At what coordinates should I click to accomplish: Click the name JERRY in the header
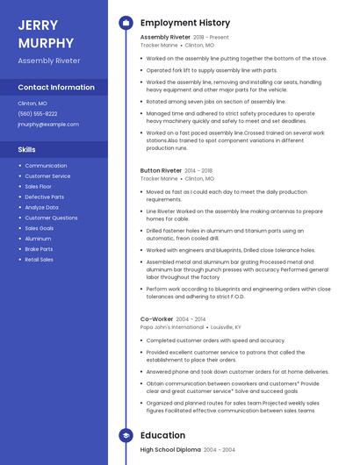37,25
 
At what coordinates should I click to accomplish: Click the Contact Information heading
56,88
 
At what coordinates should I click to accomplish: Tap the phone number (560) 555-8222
38,113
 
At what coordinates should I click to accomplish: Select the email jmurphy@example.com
47,124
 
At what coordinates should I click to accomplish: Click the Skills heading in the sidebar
26,149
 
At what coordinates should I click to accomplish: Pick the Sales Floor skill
38,187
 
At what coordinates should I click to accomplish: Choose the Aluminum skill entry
38,239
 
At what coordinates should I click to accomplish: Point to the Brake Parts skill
39,249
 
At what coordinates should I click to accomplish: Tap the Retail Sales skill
39,260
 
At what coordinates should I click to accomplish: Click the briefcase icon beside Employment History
126,23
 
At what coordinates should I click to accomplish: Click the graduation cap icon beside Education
126,435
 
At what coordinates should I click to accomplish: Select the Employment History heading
185,23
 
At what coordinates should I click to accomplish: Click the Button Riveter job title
161,170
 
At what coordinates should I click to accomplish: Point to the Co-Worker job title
156,318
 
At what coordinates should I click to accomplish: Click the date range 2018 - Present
211,38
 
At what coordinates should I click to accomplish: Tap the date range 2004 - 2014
191,318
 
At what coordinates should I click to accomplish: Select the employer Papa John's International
172,326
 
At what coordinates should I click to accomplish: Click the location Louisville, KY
226,326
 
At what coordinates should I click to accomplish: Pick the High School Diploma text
171,449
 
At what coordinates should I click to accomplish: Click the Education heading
162,435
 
